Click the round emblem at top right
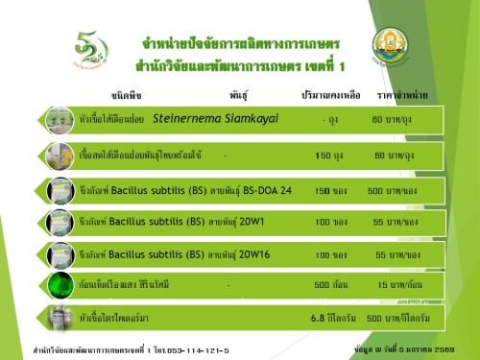point(395,46)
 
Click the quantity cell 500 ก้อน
point(329,285)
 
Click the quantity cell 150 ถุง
point(329,155)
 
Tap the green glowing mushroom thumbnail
point(62,285)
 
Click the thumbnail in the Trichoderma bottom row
point(62,318)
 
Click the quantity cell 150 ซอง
point(329,190)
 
